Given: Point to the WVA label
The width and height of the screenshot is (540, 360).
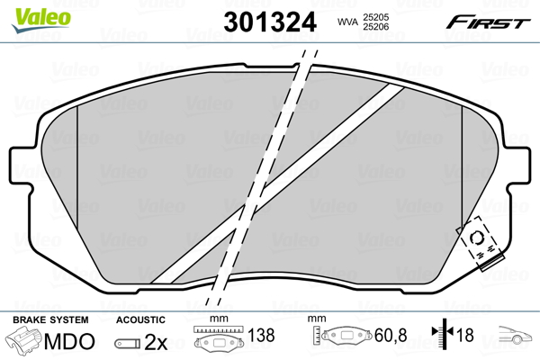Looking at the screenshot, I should (x=346, y=21).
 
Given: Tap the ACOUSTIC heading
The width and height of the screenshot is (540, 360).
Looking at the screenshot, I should (x=141, y=319).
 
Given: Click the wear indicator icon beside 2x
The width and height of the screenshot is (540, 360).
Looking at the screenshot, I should (x=130, y=343).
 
